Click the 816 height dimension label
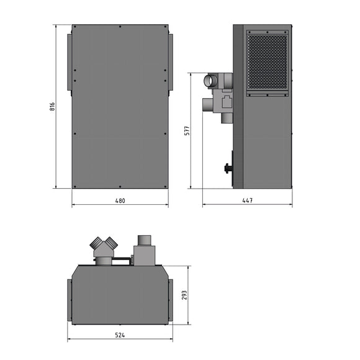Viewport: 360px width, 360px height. point(52,106)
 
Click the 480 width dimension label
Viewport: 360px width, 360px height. point(120,200)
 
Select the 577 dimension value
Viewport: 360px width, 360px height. point(186,131)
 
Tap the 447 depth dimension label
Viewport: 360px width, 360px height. point(248,200)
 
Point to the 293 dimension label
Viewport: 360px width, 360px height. point(184,295)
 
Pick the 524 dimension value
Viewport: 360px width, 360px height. point(120,335)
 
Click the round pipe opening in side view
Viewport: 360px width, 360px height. point(210,80)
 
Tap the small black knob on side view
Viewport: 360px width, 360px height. point(228,167)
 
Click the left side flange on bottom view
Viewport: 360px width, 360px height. point(69,299)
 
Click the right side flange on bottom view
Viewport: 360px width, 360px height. point(170,299)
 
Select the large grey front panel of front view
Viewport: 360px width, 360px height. point(120,106)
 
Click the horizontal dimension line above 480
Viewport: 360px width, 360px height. point(120,205)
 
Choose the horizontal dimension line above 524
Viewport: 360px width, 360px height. point(120,340)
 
